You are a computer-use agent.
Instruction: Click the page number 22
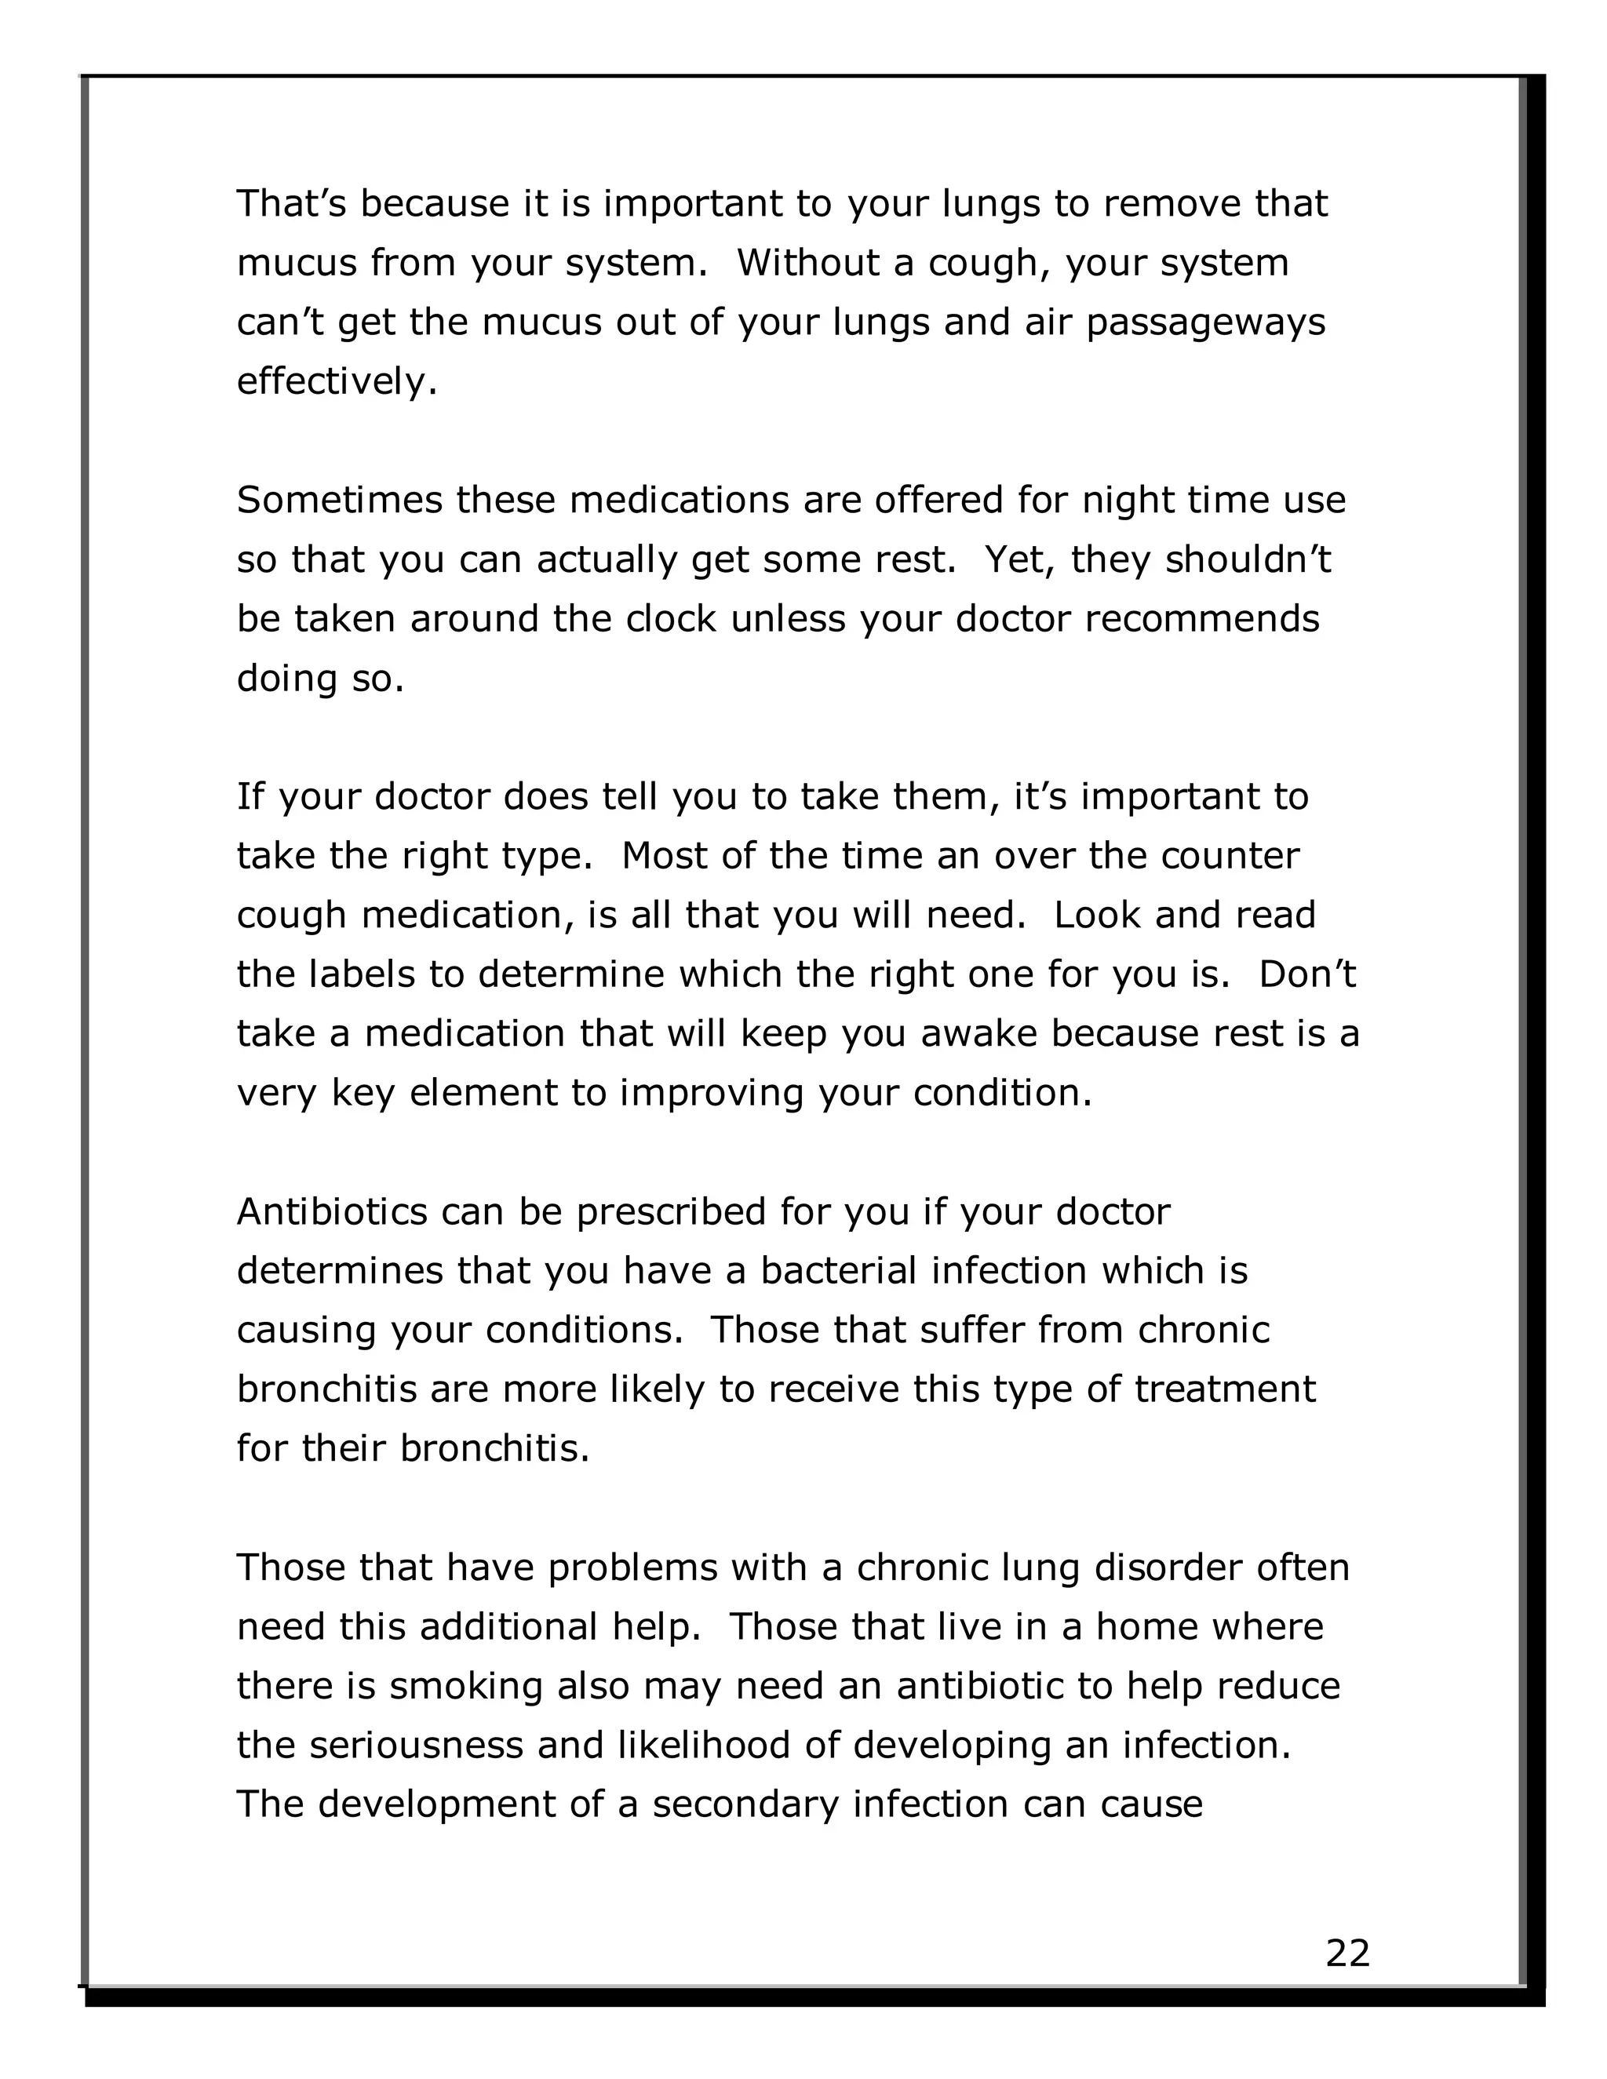[x=1347, y=1953]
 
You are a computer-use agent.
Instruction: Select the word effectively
[x=337, y=382]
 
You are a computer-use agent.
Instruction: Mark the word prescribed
[x=671, y=1212]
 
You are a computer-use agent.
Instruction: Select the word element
[x=483, y=1093]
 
